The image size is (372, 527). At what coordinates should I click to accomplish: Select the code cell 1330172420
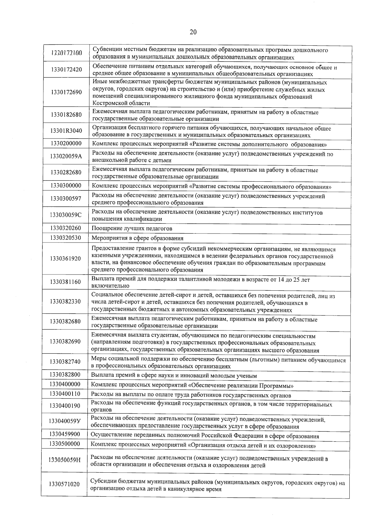click(x=67, y=69)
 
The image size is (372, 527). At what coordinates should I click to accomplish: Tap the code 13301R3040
click(x=66, y=130)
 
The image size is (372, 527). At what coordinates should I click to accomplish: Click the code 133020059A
click(x=66, y=156)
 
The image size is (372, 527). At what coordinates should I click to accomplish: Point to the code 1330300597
click(x=66, y=198)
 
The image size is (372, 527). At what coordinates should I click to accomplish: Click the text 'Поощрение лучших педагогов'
click(x=132, y=229)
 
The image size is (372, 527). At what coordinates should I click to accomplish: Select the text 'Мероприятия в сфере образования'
click(x=137, y=238)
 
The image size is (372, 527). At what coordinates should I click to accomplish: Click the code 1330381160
click(x=65, y=282)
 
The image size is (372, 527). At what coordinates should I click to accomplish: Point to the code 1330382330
click(x=65, y=301)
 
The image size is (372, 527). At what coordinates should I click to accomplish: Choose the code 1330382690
click(x=65, y=341)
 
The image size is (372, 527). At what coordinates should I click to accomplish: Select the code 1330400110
click(x=65, y=394)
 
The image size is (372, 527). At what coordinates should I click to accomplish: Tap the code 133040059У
click(x=65, y=421)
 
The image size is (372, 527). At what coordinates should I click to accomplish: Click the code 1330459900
click(x=65, y=434)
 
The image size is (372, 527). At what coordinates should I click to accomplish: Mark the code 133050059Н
click(x=64, y=460)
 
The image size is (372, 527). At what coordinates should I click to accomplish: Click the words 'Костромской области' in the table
click(x=121, y=103)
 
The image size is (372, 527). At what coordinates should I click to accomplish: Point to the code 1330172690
click(x=67, y=92)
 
